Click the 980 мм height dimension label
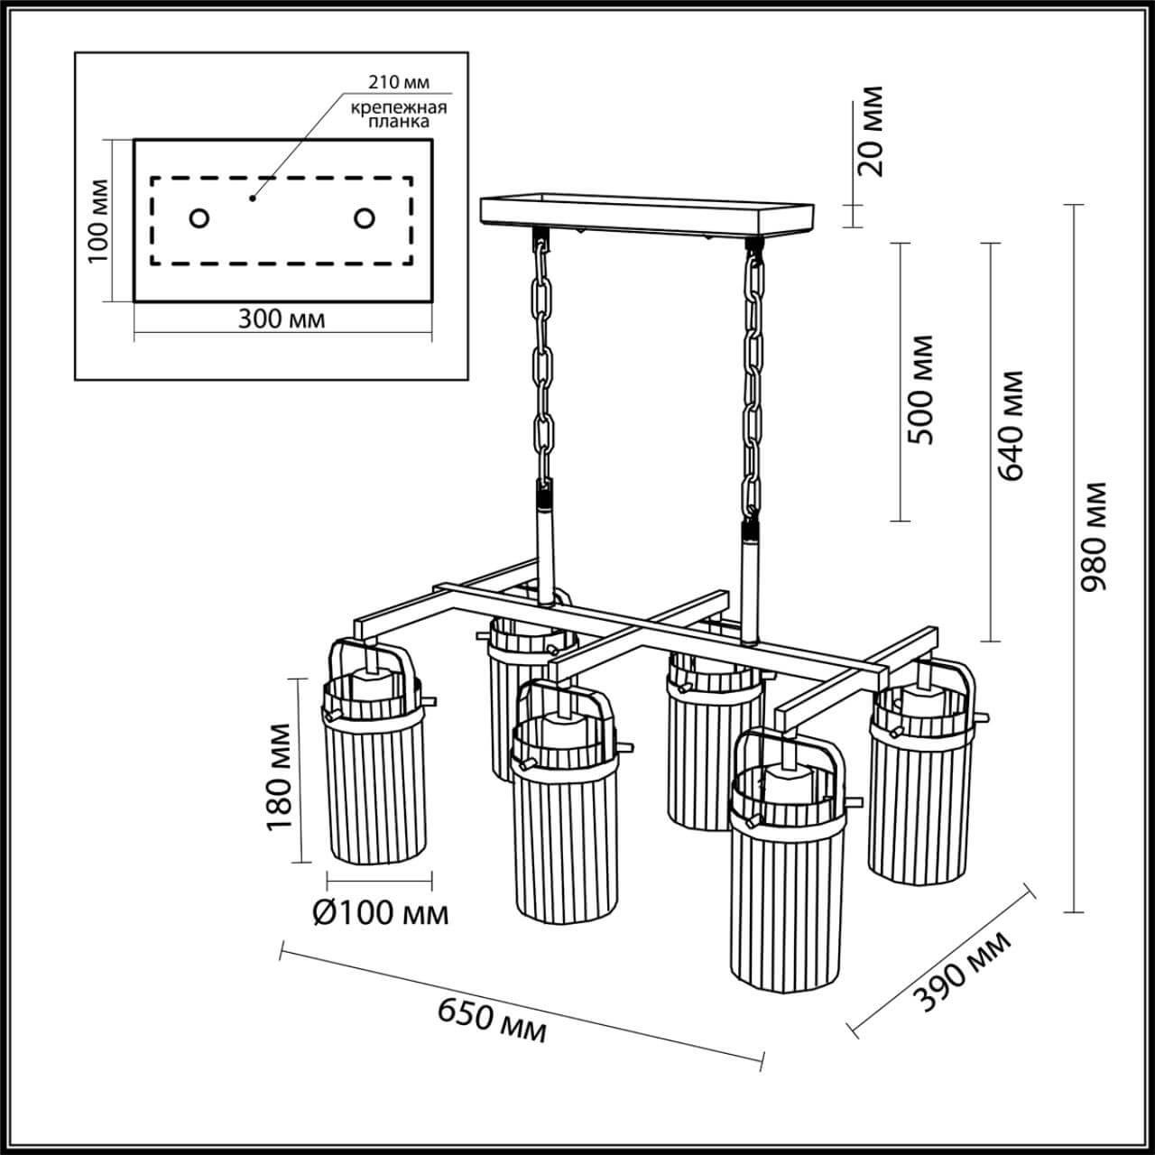pos(1095,538)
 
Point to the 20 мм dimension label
pos(872,132)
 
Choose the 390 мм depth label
pos(963,971)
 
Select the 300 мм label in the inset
pos(282,319)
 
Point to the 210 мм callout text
pos(398,83)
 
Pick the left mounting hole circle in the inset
pos(199,218)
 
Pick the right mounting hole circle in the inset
pos(365,218)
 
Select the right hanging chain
pos(751,379)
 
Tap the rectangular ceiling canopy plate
pos(648,213)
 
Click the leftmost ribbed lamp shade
pos(372,785)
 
